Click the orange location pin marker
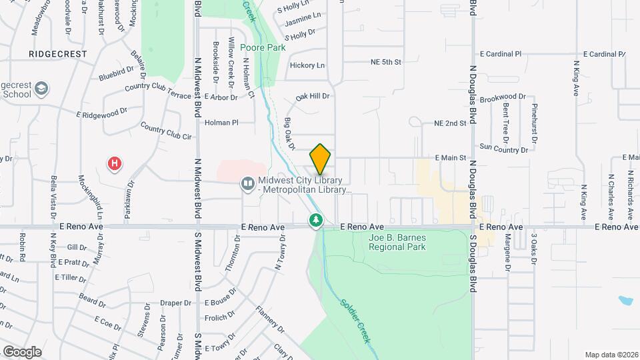pyautogui.click(x=321, y=159)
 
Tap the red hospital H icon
pyautogui.click(x=115, y=163)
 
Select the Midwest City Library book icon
pyautogui.click(x=247, y=183)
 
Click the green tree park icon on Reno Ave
pyautogui.click(x=315, y=219)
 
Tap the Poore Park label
pyautogui.click(x=263, y=47)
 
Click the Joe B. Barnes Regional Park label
pyautogui.click(x=397, y=241)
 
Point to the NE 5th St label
pyautogui.click(x=386, y=62)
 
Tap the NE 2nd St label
pyautogui.click(x=449, y=123)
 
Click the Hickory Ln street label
pyautogui.click(x=307, y=65)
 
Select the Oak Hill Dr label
pyautogui.click(x=313, y=96)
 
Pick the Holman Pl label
pyautogui.click(x=221, y=123)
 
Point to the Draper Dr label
pyautogui.click(x=176, y=303)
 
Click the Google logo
pyautogui.click(x=22, y=351)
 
